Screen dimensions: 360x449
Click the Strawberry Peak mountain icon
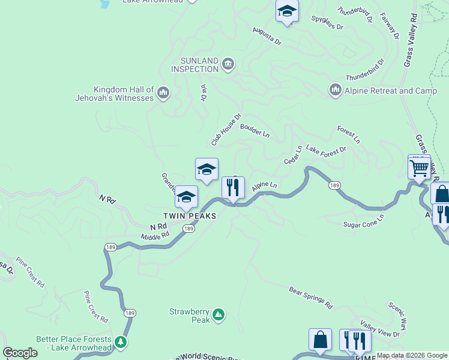coord(219,314)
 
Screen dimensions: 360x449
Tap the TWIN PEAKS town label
coord(189,216)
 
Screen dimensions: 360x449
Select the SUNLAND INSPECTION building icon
coord(228,64)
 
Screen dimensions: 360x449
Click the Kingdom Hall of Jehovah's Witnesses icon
coord(163,93)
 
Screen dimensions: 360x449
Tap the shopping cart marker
coord(419,167)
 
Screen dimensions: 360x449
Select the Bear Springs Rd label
coord(310,298)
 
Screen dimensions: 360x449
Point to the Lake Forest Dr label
coord(326,149)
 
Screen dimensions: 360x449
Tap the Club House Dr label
coord(226,130)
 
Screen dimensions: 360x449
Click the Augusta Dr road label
coord(267,36)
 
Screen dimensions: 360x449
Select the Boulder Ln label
coord(255,130)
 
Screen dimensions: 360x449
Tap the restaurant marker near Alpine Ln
coord(233,187)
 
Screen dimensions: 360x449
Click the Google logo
coord(20,353)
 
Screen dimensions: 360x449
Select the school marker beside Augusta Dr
coord(287,11)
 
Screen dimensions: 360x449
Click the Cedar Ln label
coord(293,155)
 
